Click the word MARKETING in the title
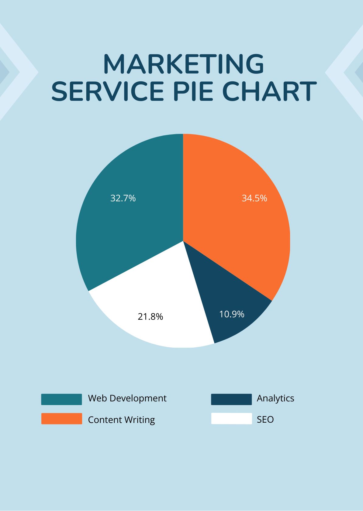pyautogui.click(x=183, y=64)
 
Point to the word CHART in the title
pyautogui.click(x=269, y=91)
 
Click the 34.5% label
pyautogui.click(x=254, y=198)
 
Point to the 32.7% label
pyautogui.click(x=123, y=198)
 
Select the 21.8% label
pyautogui.click(x=150, y=317)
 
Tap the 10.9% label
pyautogui.click(x=232, y=314)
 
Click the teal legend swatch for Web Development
pyautogui.click(x=61, y=399)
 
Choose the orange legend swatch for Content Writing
pyautogui.click(x=61, y=418)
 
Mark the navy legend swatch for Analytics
pyautogui.click(x=231, y=399)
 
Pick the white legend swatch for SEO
pyautogui.click(x=231, y=418)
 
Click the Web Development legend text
pyautogui.click(x=127, y=398)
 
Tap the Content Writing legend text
pyautogui.click(x=121, y=420)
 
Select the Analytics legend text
pyautogui.click(x=275, y=398)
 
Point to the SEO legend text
pyautogui.click(x=265, y=420)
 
